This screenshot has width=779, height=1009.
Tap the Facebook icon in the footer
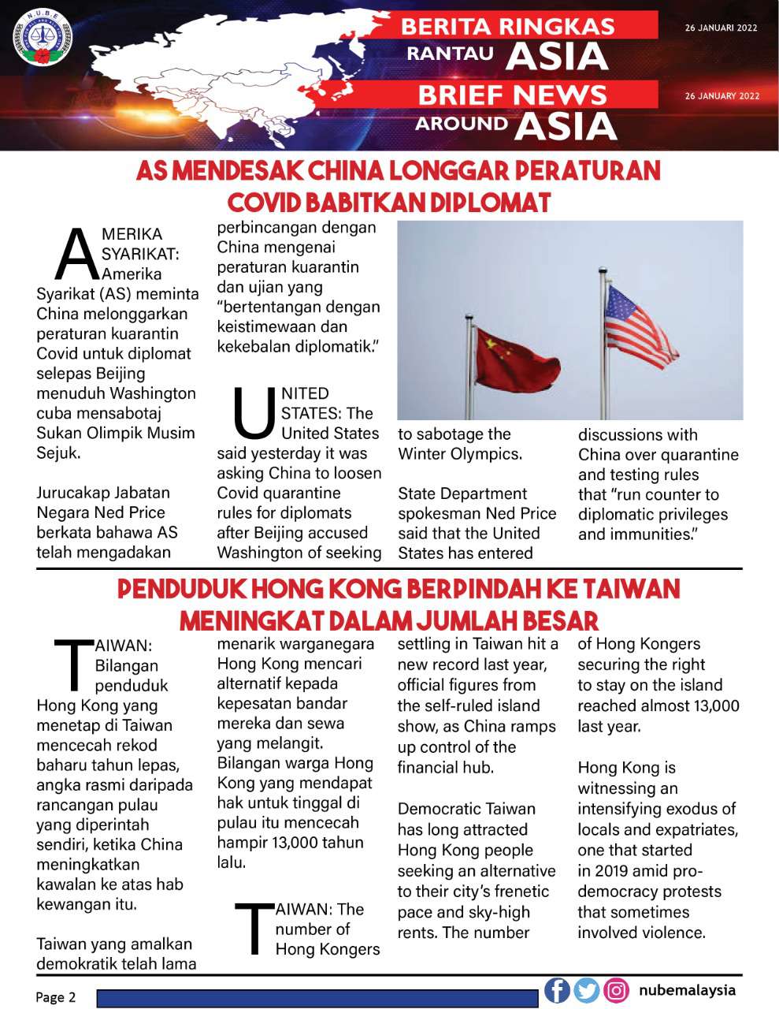click(557, 990)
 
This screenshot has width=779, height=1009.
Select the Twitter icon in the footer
click(587, 990)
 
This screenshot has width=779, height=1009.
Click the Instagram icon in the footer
click(617, 990)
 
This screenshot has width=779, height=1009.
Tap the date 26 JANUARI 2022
click(721, 28)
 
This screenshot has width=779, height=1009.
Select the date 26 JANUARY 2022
click(722, 96)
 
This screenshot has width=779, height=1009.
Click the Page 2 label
click(56, 997)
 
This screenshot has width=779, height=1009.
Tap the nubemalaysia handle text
click(687, 990)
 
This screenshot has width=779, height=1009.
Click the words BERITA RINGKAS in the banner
click(508, 26)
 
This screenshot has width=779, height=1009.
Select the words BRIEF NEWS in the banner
click(512, 95)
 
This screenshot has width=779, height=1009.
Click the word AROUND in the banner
click(462, 124)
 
